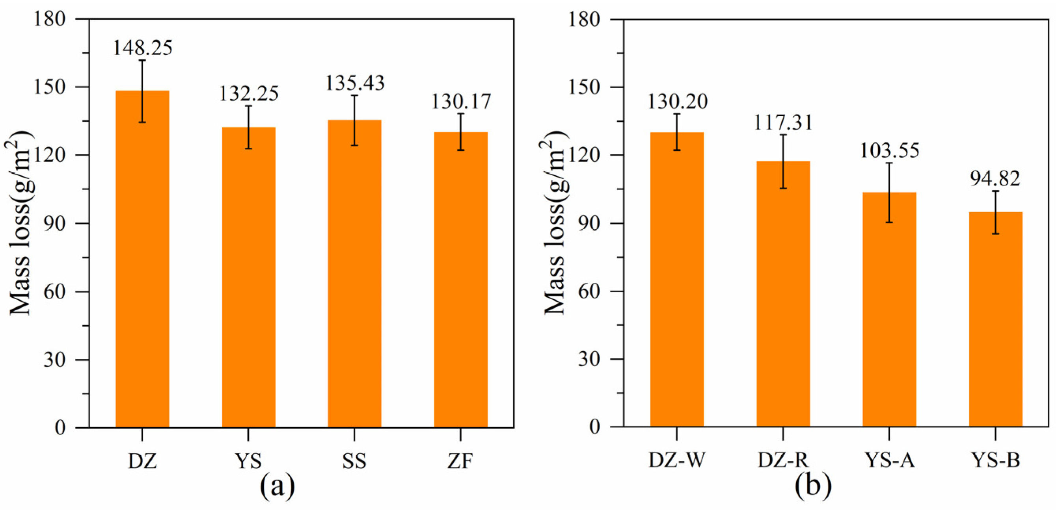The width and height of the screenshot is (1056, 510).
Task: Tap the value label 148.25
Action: pos(142,48)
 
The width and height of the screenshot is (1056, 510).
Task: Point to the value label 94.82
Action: pos(995,179)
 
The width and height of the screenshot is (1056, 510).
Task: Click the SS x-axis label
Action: pos(354,461)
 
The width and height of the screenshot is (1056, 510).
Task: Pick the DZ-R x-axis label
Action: pos(783,460)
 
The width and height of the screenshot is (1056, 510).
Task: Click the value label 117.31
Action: pos(783,123)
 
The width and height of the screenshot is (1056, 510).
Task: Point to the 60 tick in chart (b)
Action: pos(589,291)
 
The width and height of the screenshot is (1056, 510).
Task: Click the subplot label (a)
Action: pos(278,486)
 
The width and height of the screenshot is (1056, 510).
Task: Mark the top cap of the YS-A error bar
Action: pos(889,163)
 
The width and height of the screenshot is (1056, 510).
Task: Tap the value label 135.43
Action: pos(355,83)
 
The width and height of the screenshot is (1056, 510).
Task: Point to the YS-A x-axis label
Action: pos(890,460)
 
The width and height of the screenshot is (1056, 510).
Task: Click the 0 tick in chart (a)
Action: pos(60,428)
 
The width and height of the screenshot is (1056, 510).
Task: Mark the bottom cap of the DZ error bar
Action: pos(142,122)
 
